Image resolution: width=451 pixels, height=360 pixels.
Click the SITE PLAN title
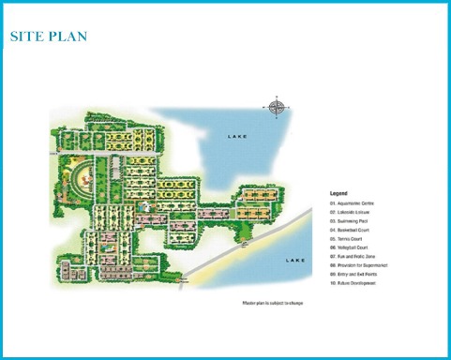(48, 37)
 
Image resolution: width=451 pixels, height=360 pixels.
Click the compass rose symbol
(277, 107)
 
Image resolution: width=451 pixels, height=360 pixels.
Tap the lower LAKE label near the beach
(294, 260)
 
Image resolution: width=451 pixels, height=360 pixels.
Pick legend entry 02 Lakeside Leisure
(353, 212)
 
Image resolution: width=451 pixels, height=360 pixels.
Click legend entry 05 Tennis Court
(348, 238)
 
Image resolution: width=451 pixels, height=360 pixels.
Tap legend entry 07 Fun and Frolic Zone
(355, 256)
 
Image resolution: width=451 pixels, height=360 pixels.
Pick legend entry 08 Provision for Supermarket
(360, 265)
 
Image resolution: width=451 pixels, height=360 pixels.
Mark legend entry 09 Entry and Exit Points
(356, 274)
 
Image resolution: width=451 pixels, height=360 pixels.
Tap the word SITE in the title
(26, 37)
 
